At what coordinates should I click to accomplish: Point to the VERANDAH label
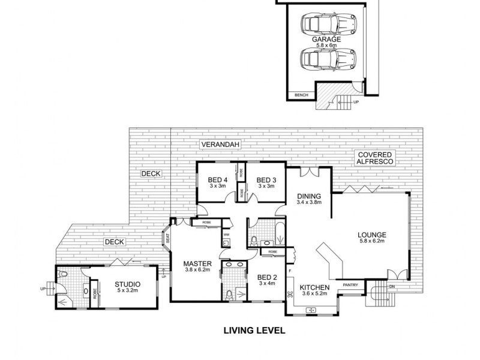(217, 145)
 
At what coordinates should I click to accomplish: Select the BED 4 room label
(218, 180)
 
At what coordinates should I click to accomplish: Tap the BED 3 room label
(266, 180)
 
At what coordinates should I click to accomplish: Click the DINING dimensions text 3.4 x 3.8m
(310, 203)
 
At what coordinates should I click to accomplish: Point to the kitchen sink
(312, 310)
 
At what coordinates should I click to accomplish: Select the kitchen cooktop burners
(290, 294)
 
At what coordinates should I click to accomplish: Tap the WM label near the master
(227, 235)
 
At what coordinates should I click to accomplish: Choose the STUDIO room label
(127, 284)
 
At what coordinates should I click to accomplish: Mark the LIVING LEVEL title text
(254, 330)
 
